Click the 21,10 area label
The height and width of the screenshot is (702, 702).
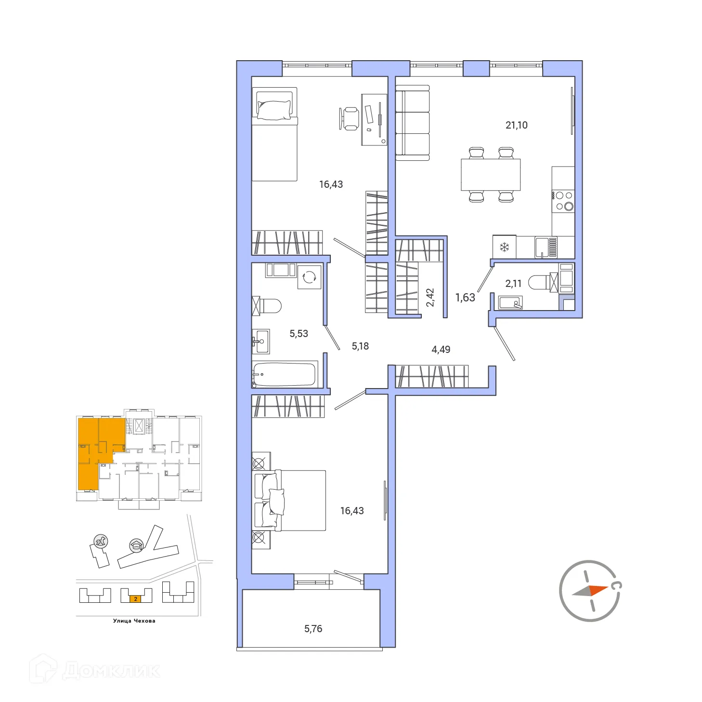pyautogui.click(x=516, y=125)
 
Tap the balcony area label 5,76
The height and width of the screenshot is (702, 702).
pyautogui.click(x=313, y=628)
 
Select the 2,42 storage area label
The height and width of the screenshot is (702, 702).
pyautogui.click(x=430, y=297)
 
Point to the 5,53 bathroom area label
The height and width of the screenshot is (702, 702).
pyautogui.click(x=299, y=333)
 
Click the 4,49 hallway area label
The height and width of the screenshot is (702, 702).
pyautogui.click(x=441, y=349)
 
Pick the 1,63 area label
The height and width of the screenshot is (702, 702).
pyautogui.click(x=465, y=298)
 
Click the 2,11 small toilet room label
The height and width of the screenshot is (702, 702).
pyautogui.click(x=513, y=284)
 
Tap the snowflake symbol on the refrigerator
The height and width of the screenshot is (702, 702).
pyautogui.click(x=504, y=247)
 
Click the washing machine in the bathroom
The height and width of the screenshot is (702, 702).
pyautogui.click(x=309, y=277)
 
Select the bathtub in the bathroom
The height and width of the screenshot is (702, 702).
pyautogui.click(x=284, y=374)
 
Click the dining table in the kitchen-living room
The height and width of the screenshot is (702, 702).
pyautogui.click(x=491, y=174)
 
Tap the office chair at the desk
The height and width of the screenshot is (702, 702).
pyautogui.click(x=350, y=118)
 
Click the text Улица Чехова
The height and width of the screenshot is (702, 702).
pyautogui.click(x=134, y=621)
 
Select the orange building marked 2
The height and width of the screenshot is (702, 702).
pyautogui.click(x=136, y=599)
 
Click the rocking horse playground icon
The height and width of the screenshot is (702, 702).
pyautogui.click(x=101, y=541)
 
